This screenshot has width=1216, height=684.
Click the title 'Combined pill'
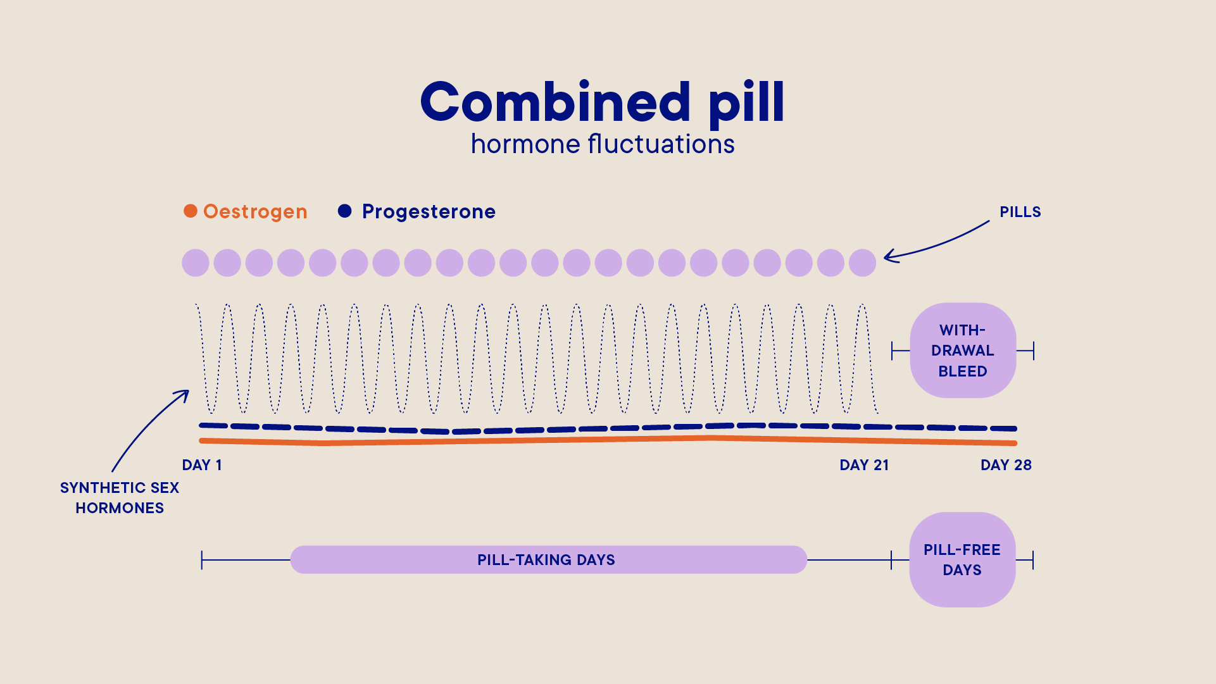tap(602, 103)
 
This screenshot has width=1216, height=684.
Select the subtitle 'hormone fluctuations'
tap(602, 145)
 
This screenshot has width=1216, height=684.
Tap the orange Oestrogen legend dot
tap(191, 211)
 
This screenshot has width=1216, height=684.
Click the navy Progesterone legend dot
tap(344, 211)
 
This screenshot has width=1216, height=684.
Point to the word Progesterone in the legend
tap(429, 212)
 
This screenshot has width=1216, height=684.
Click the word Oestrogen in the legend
tap(255, 212)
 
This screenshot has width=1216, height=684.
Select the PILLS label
tap(1020, 212)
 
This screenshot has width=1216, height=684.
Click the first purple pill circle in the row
tap(196, 263)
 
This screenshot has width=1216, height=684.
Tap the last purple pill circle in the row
tap(862, 263)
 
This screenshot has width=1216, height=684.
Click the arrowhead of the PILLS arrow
tap(887, 256)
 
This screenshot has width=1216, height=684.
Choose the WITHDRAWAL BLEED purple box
tap(963, 351)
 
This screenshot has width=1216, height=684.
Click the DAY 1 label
tap(202, 465)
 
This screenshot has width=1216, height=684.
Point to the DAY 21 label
tap(864, 465)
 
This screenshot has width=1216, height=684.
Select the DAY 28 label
tap(1006, 465)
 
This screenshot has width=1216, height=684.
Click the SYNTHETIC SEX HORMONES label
tap(120, 498)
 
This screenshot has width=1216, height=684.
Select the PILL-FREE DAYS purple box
tap(962, 560)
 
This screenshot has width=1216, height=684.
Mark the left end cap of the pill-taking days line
tap(202, 560)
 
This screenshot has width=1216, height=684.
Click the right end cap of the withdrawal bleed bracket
tap(1033, 351)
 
